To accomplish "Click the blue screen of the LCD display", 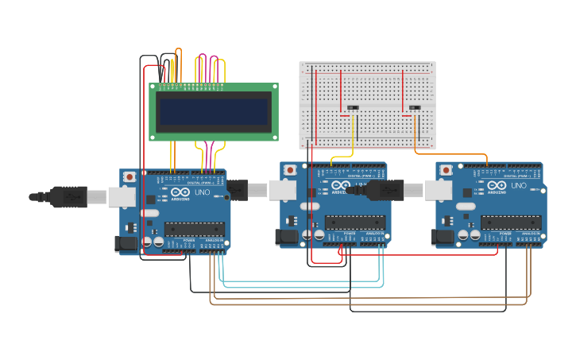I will coord(213,110).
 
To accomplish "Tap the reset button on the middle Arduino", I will coord(290,170).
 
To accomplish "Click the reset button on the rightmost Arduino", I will coord(446,170).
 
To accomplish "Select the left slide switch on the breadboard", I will coord(353,108).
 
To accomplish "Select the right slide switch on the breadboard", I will coord(414,108).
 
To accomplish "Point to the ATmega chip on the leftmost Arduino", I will coord(194,229).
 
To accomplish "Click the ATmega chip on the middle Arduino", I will coord(354,223).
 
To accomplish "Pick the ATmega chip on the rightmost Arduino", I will coord(510,223).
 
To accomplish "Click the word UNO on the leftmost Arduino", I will coord(202,192).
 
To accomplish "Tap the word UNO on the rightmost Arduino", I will coord(519,186).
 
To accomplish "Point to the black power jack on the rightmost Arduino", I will coord(442,237).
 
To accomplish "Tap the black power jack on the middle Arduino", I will coord(286,237).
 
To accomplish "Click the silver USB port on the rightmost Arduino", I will coord(436,189).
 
